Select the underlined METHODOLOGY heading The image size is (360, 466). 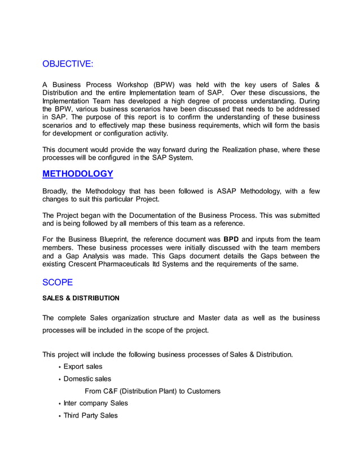(78, 174)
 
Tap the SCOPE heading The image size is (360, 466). (58, 282)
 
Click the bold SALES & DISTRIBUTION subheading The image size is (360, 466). (81, 298)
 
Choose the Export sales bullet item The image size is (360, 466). (82, 367)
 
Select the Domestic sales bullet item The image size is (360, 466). (87, 379)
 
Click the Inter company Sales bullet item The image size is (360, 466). (95, 403)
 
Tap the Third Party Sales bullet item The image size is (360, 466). (90, 415)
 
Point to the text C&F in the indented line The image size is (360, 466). (116, 391)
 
